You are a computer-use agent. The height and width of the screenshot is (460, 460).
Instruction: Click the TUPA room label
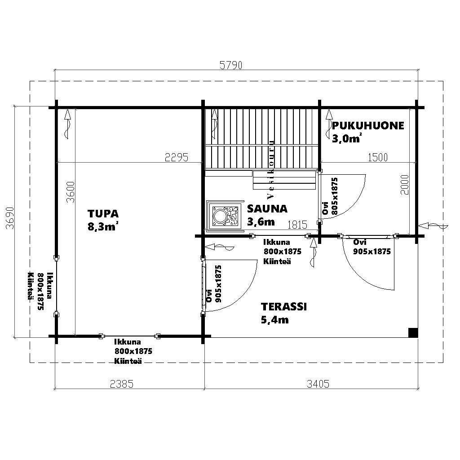pyautogui.click(x=103, y=213)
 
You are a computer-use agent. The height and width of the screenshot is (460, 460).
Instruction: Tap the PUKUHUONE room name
pyautogui.click(x=368, y=126)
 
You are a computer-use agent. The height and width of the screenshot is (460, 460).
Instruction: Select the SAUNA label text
pyautogui.click(x=267, y=208)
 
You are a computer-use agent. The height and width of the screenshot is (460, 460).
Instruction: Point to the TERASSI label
pyautogui.click(x=284, y=306)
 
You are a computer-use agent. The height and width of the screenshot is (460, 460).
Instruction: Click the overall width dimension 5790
pyautogui.click(x=231, y=66)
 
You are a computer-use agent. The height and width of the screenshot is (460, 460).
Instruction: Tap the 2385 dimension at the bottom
pyautogui.click(x=122, y=384)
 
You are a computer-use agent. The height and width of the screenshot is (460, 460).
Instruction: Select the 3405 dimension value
pyautogui.click(x=318, y=384)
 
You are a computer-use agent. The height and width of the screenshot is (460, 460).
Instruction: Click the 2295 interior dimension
pyautogui.click(x=176, y=158)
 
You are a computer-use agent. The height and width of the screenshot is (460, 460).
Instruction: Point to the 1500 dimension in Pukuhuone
pyautogui.click(x=378, y=158)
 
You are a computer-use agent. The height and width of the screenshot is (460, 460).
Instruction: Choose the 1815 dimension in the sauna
pyautogui.click(x=297, y=225)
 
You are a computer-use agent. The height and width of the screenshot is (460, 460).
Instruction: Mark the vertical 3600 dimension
pyautogui.click(x=71, y=192)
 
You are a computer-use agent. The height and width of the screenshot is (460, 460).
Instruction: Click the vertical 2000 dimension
pyautogui.click(x=404, y=185)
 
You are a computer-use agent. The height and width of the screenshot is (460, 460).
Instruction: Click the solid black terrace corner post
pyautogui.click(x=413, y=333)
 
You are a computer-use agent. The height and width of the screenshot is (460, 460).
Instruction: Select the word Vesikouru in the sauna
pyautogui.click(x=271, y=169)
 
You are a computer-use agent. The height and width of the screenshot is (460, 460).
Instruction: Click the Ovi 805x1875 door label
pyautogui.click(x=330, y=196)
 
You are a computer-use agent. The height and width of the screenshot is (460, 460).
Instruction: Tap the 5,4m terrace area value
pyautogui.click(x=275, y=319)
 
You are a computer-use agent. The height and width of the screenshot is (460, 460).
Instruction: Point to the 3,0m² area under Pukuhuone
pyautogui.click(x=347, y=138)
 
